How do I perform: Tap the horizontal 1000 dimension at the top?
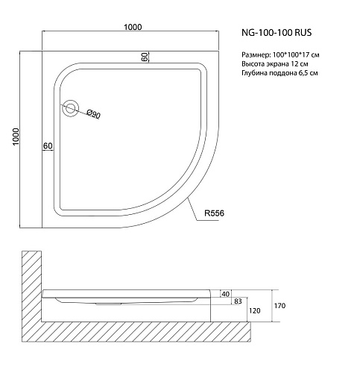pyautogui.click(x=133, y=28)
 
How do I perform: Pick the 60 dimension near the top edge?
pyautogui.click(x=143, y=57)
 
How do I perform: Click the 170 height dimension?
pyautogui.click(x=281, y=305)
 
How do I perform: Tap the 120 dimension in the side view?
pyautogui.click(x=253, y=311)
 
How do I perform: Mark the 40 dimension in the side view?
pyautogui.click(x=224, y=294)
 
